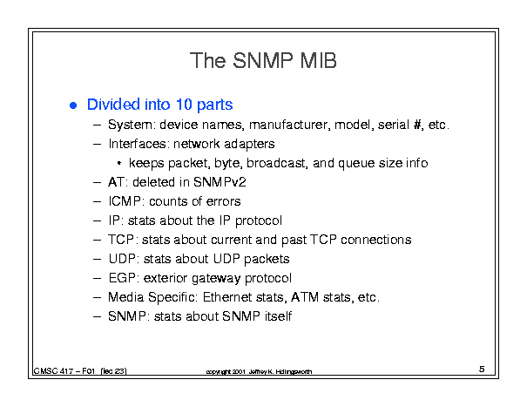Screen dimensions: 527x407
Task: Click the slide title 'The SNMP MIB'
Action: coord(263,60)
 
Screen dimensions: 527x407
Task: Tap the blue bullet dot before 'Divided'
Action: coord(73,105)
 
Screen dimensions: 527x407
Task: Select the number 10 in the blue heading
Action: coord(184,105)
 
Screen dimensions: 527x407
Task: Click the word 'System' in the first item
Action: coord(130,125)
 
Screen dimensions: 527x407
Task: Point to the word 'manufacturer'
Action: coord(289,125)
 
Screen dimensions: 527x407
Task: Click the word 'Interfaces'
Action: coord(137,144)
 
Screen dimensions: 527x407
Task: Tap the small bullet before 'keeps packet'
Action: coord(119,164)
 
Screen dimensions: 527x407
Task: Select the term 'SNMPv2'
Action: coord(220,182)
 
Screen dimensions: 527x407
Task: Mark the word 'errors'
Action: coord(224,201)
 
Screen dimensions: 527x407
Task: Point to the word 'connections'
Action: coord(376,240)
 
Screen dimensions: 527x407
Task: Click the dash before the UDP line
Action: coord(98,260)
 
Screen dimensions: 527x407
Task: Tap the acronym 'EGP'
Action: coord(122,278)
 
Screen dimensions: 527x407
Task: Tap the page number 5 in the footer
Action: coord(482,369)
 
